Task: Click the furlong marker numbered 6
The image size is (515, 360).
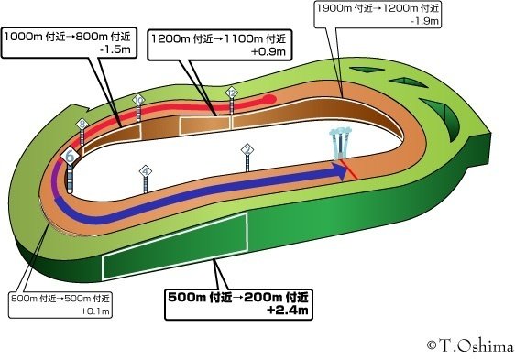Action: point(69,158)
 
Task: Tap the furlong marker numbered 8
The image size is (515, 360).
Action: point(82,125)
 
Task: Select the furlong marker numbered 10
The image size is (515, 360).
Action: point(138,99)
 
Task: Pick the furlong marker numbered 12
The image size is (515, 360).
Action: point(231,93)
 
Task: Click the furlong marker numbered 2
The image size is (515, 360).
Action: point(247,150)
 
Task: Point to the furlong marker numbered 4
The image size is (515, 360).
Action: point(146,171)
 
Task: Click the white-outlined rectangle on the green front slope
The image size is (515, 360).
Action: point(174,245)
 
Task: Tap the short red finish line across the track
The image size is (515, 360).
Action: point(351,173)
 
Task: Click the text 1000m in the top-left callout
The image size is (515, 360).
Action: point(23,37)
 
